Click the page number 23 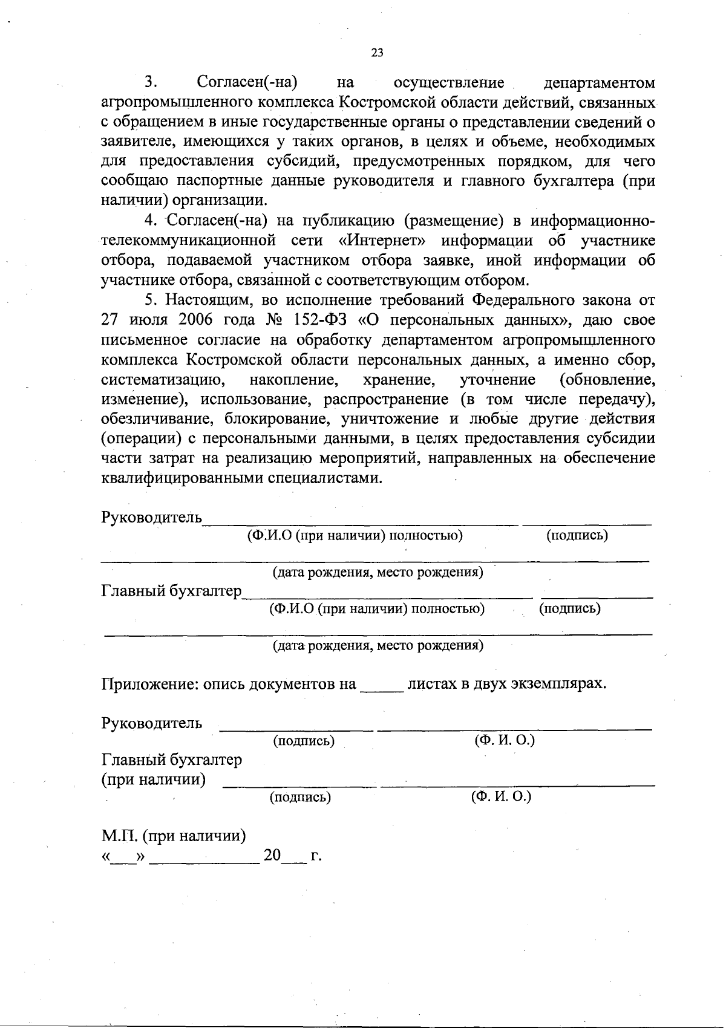click(376, 53)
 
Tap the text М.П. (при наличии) click(173, 836)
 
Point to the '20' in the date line click(272, 856)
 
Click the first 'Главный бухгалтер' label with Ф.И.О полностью click(171, 591)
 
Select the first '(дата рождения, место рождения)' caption click(378, 572)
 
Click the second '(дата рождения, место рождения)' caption click(378, 645)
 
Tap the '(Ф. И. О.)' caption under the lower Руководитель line click(505, 740)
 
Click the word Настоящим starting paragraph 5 click(205, 300)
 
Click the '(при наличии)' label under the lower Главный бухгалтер click(153, 779)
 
